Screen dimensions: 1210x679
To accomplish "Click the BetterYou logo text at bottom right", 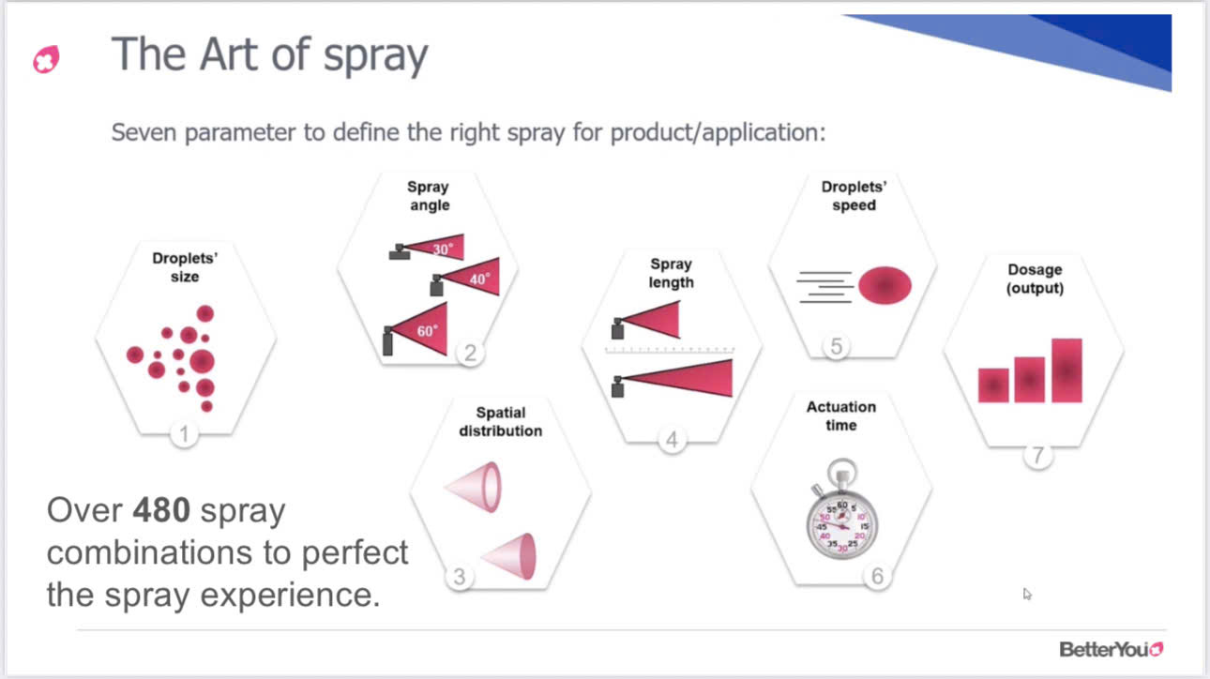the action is [x=1112, y=649].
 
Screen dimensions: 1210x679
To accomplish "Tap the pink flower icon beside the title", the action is [x=47, y=59].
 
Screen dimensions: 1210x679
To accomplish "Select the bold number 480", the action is [x=161, y=509].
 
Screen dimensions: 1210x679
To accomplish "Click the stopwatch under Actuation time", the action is [x=841, y=509].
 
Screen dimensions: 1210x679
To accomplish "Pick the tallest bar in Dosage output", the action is [x=1066, y=370].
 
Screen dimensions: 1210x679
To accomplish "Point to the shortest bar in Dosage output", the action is [x=993, y=385].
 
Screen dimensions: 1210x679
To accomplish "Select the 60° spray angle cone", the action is [x=419, y=329].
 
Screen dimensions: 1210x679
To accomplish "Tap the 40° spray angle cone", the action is [x=471, y=277].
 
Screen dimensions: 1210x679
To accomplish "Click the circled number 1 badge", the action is [x=184, y=434].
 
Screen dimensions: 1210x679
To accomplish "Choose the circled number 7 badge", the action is [x=1037, y=456].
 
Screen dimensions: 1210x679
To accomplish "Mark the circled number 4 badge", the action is [x=672, y=440].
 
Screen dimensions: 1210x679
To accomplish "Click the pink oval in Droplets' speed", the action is [x=885, y=285].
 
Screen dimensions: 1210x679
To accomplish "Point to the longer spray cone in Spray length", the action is [x=676, y=378].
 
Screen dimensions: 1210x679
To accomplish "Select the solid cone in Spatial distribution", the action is [x=509, y=556].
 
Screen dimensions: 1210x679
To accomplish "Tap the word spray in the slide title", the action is [x=376, y=55].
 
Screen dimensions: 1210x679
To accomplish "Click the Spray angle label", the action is [x=429, y=196].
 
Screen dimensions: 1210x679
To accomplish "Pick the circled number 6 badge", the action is [x=877, y=576].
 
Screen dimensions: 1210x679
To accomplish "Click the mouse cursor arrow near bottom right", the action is [x=1027, y=595].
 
